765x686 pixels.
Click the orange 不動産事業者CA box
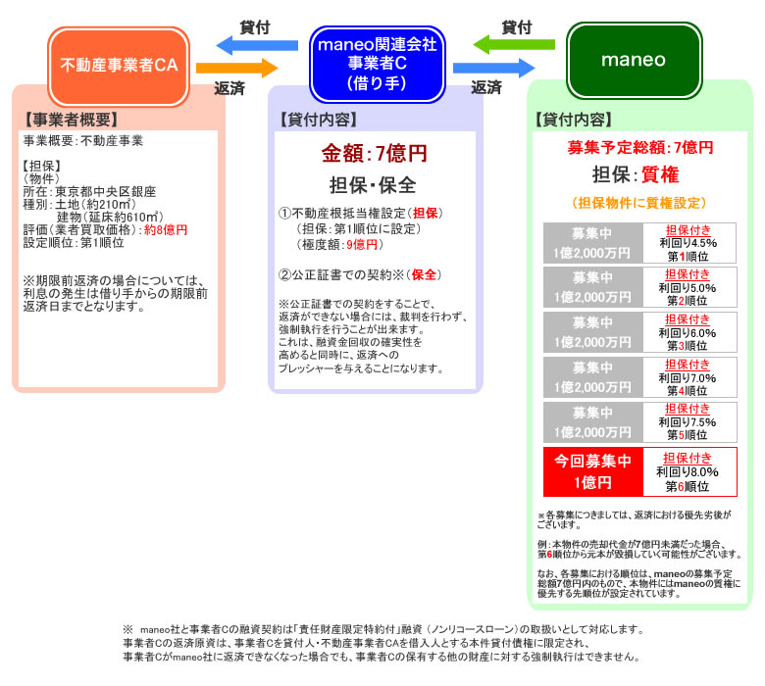point(119,66)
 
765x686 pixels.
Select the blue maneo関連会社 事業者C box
point(378,64)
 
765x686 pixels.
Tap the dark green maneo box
point(634,61)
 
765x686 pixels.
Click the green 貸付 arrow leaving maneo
point(514,44)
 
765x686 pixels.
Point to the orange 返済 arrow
point(237,68)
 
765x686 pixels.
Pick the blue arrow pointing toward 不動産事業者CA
point(257,45)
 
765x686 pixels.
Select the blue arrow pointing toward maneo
point(494,68)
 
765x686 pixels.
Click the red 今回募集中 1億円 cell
point(593,472)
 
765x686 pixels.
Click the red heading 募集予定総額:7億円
point(640,147)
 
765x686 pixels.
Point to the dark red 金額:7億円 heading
point(375,153)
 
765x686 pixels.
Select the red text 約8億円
point(166,229)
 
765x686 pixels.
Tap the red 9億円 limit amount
point(362,244)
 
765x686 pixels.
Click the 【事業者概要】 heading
point(73,120)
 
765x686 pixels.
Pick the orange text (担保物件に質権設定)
point(639,203)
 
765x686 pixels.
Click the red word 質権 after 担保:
point(660,174)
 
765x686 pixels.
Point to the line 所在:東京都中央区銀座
point(89,192)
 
